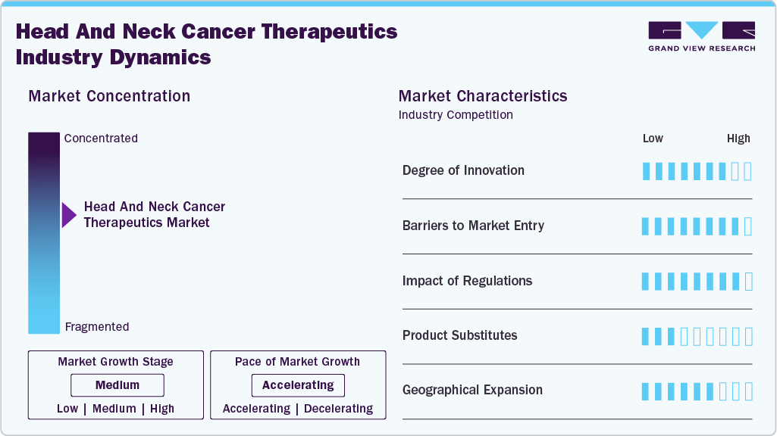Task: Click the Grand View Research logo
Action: click(x=702, y=36)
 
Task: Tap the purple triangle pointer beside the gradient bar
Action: click(x=69, y=215)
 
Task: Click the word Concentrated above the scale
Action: click(x=101, y=138)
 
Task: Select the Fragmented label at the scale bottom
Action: click(x=97, y=327)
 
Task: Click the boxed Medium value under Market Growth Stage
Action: click(x=117, y=385)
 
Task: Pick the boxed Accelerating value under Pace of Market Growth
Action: click(x=298, y=385)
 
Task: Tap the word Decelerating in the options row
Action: click(x=338, y=408)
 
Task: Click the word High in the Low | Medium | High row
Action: click(x=162, y=408)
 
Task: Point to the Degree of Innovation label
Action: click(x=463, y=170)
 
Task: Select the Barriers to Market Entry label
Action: click(x=473, y=226)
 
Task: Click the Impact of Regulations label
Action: click(x=467, y=281)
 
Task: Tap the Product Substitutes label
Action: click(x=460, y=335)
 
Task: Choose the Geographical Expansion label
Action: click(x=472, y=390)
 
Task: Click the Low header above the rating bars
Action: click(x=653, y=139)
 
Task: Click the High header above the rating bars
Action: click(x=738, y=139)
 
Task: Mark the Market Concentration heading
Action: click(x=109, y=96)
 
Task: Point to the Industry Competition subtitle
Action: click(x=456, y=115)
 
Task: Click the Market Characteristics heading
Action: click(x=483, y=96)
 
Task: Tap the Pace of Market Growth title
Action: click(x=297, y=361)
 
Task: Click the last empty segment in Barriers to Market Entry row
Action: click(x=748, y=226)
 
